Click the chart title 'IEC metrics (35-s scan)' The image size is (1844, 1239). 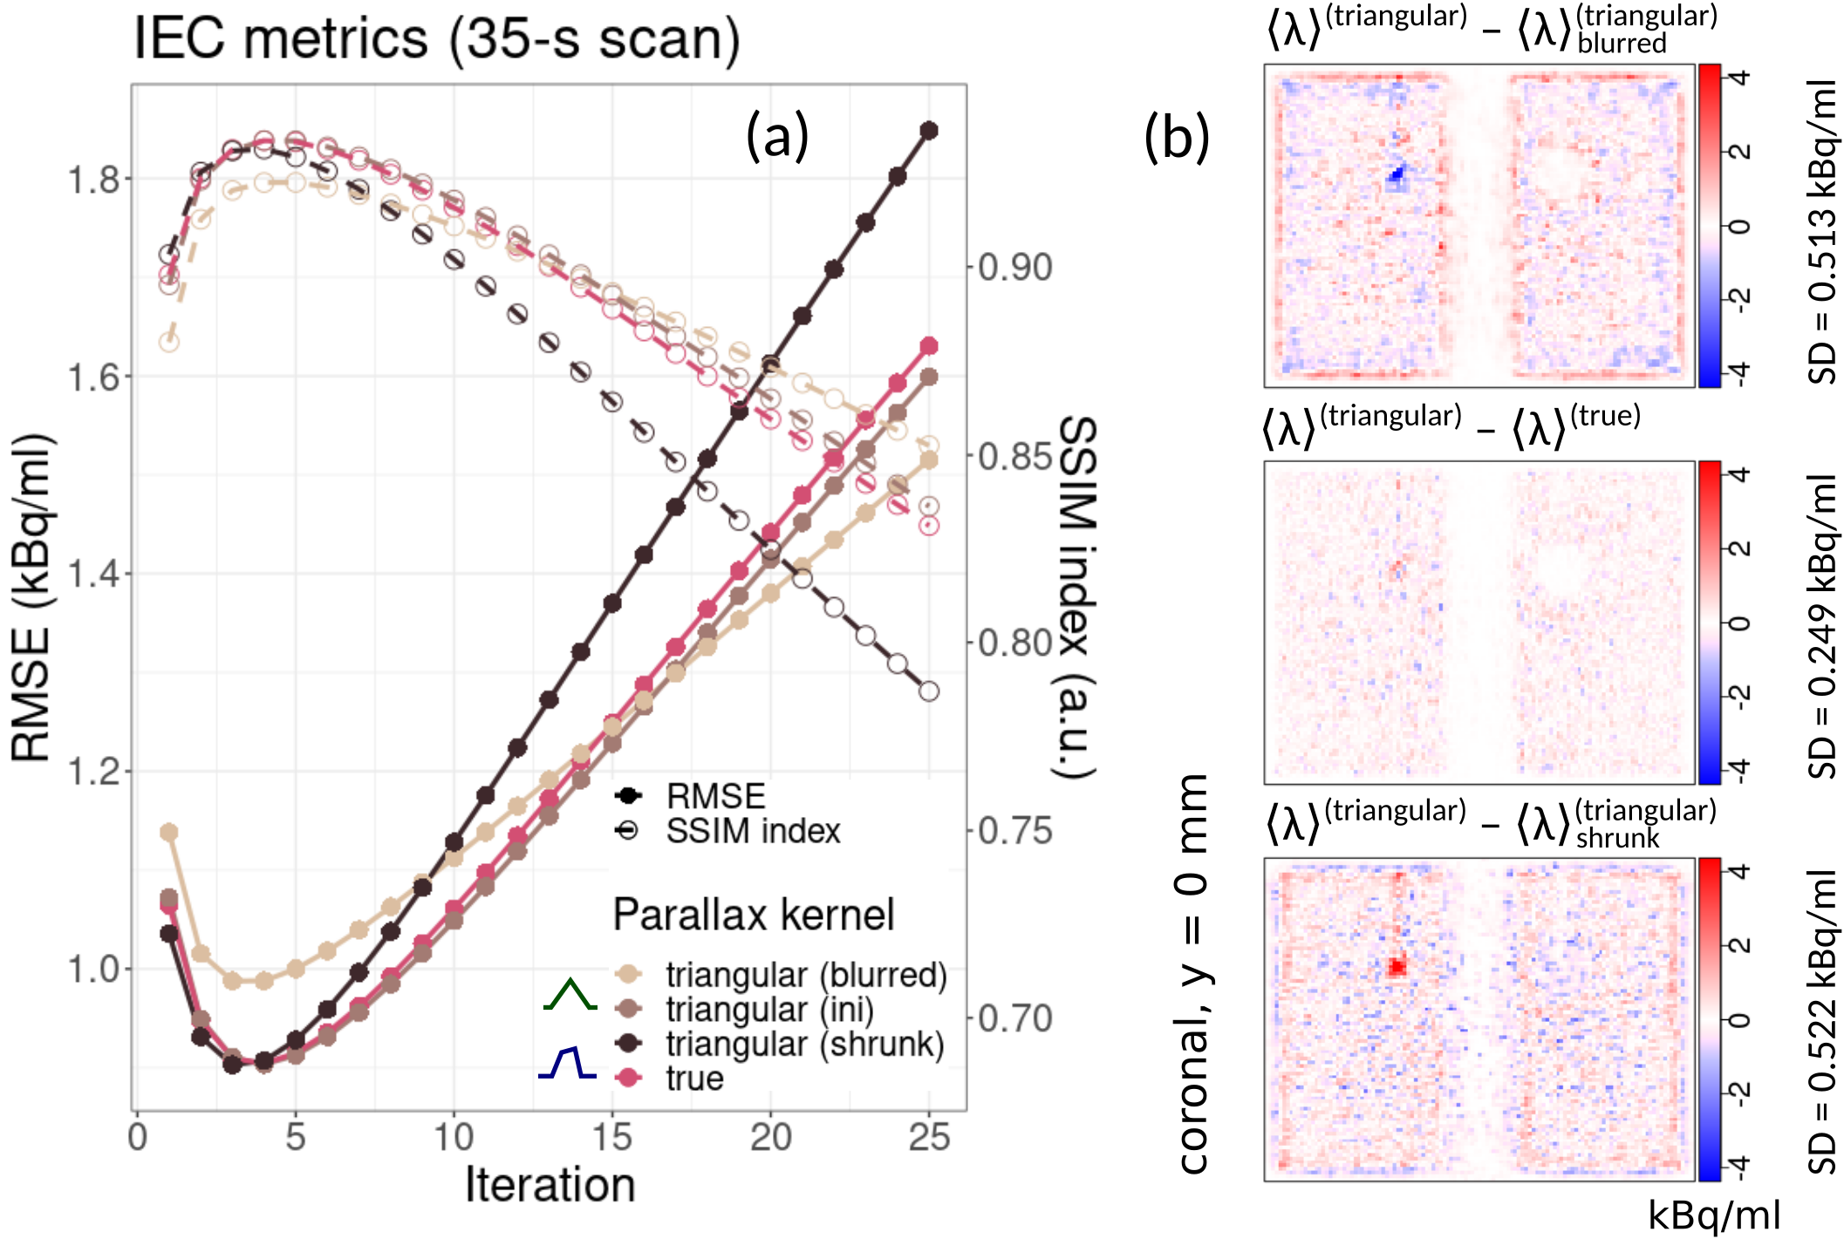coord(436,39)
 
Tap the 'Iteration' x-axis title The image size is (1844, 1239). coord(550,1185)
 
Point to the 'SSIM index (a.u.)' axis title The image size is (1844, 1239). coord(1077,597)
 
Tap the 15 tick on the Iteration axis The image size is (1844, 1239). coord(611,1137)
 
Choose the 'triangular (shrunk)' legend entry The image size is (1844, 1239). coord(804,1044)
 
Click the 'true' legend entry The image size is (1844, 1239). coord(694,1079)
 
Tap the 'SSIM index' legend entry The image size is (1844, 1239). coord(752,831)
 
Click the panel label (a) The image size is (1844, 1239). coord(777,136)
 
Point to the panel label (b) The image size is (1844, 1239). coord(1177,138)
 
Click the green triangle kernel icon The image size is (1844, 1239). coord(570,995)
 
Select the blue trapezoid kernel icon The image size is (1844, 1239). coord(568,1063)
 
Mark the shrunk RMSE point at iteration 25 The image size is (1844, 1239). coord(929,131)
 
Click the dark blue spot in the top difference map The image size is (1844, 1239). coord(1397,174)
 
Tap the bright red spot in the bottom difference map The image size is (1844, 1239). coord(1397,965)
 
